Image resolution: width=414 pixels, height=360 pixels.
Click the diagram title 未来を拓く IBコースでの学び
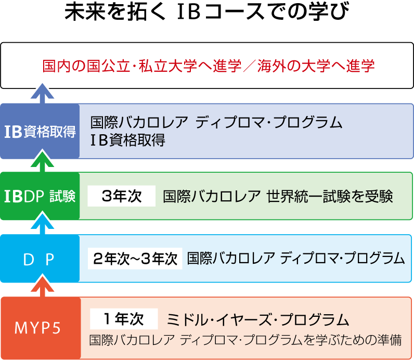207,11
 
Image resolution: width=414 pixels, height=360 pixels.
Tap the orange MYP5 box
41,328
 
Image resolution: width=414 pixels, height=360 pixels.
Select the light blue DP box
40,259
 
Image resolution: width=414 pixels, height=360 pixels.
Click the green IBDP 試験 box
40,196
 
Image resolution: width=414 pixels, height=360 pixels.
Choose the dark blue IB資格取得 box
40,131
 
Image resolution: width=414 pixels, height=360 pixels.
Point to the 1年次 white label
124,319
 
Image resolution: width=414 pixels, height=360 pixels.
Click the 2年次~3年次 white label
135,259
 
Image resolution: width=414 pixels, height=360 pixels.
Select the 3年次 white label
122,196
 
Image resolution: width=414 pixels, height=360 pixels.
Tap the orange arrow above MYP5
42,287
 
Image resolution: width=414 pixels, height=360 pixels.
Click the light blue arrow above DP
42,224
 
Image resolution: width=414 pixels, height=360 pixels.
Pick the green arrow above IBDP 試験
42,161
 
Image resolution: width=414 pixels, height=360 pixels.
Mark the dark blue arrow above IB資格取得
42,94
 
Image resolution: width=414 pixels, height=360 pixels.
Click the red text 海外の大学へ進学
316,66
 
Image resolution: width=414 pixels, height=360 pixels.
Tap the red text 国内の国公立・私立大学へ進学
142,66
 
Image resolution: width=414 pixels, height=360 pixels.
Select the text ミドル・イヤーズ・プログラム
257,319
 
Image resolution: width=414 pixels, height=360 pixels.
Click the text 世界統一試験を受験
330,197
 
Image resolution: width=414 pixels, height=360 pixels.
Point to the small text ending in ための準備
245,340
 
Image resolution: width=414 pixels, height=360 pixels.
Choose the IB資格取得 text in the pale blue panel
127,140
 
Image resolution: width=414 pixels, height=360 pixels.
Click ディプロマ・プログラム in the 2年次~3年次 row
342,259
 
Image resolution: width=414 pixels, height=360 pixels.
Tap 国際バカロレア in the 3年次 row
212,197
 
